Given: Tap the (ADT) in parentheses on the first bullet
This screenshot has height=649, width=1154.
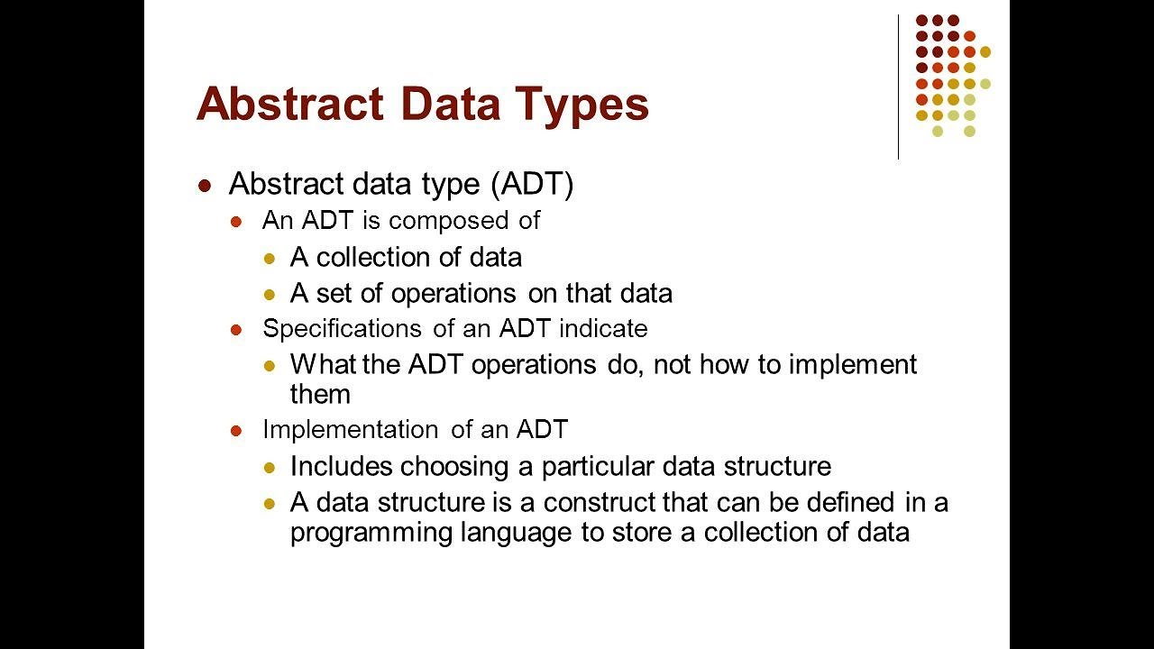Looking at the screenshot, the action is point(532,184).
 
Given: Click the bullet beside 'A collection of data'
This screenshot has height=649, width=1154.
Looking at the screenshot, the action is point(270,258).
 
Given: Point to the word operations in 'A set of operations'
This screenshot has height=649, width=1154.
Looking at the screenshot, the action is point(453,295).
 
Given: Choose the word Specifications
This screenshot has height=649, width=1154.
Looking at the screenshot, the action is point(342,329).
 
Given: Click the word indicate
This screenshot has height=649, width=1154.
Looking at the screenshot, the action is point(603,328).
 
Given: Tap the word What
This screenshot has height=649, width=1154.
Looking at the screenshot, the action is point(323,364).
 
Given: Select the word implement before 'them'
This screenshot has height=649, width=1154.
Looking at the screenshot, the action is point(853,366).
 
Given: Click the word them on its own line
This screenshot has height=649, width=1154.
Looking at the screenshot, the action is point(320,395).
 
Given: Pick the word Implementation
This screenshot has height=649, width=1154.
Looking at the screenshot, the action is point(351,429).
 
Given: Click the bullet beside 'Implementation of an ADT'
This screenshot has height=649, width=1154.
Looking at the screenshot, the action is point(236,431).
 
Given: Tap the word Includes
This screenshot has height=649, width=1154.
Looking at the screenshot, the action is point(342,466).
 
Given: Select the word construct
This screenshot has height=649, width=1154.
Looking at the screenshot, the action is point(599,503).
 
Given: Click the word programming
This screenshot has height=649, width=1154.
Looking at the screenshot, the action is point(371,534).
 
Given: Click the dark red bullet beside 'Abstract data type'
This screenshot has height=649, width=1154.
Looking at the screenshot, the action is point(205,186).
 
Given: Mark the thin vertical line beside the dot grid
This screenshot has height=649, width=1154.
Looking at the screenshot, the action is point(899,87).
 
